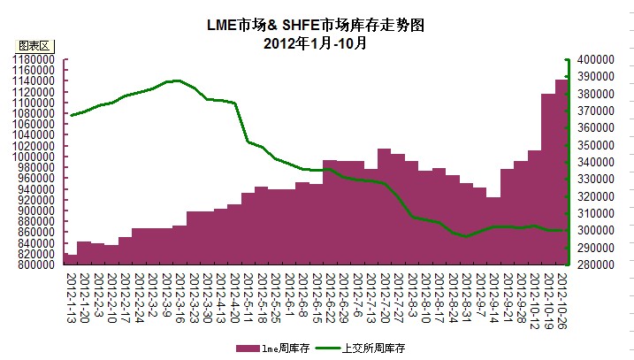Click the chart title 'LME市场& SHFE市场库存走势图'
(x=317, y=26)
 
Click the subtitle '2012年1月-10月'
(x=316, y=42)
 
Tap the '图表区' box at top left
(x=36, y=45)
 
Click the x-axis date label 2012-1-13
(x=70, y=287)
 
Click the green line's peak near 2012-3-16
(x=178, y=80)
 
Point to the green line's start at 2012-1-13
(x=71, y=115)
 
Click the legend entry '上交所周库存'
(x=371, y=349)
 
